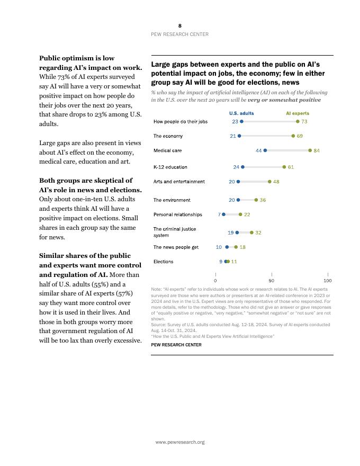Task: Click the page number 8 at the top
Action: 180,25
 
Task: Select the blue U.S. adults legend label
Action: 241,113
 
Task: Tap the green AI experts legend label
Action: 298,113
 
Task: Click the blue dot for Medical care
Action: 265,150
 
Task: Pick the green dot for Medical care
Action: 310,150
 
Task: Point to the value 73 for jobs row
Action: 304,122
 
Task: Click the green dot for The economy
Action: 293,136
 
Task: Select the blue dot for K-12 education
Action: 243,167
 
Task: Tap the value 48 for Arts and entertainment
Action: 276,182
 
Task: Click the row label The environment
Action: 172,200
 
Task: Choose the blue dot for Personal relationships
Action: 223,214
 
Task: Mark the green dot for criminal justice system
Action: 251,232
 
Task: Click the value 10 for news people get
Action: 219,247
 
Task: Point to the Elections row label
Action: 163,262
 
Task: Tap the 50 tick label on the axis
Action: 272,281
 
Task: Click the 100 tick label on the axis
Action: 328,281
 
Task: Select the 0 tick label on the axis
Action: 215,281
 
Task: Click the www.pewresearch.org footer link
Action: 180,442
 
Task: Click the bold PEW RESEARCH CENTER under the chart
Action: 176,345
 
